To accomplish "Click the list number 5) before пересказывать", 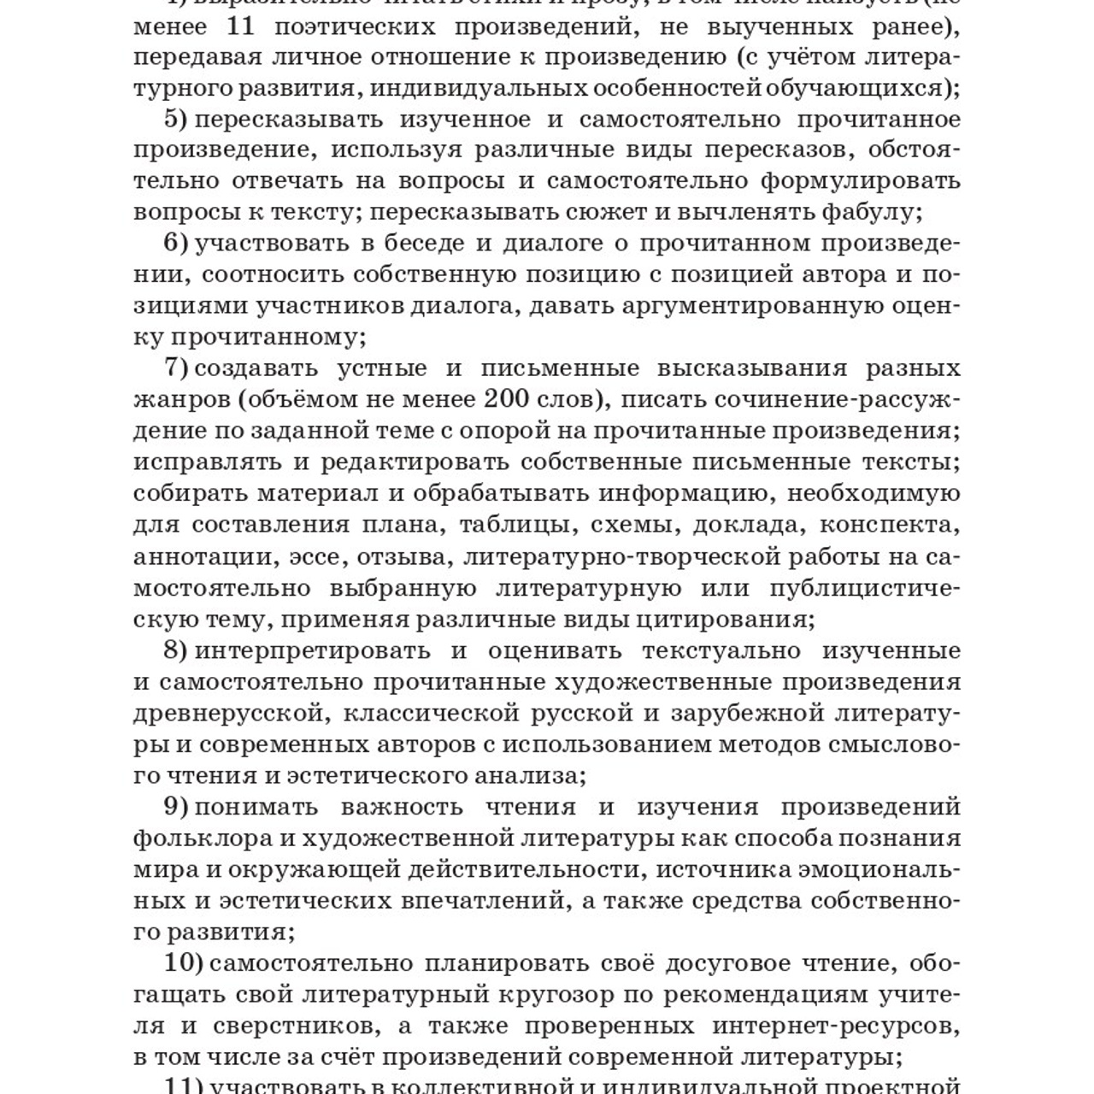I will click(175, 119).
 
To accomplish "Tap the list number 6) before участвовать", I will click(175, 244).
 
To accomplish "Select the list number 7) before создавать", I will click(175, 368).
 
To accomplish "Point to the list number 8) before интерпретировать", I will click(175, 650).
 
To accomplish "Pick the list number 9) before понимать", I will click(175, 807).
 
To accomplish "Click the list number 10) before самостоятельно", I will click(183, 963).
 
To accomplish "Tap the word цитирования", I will click(731, 620).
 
